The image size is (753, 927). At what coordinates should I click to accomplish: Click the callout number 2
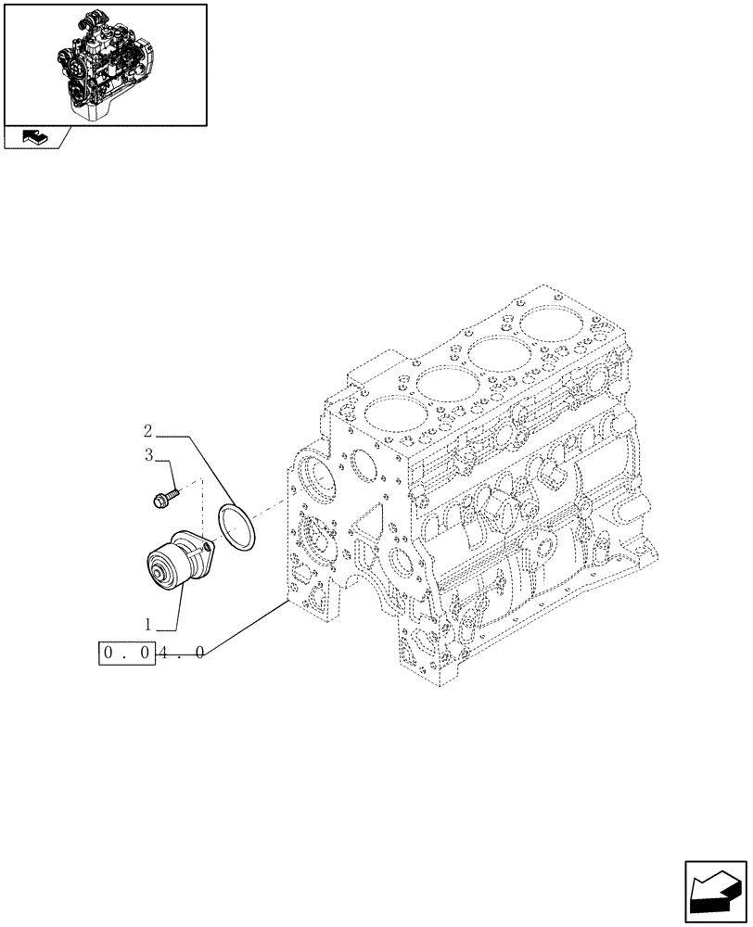click(x=148, y=431)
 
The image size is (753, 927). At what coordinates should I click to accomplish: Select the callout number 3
click(x=148, y=455)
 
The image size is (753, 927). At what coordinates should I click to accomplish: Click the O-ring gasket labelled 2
click(x=237, y=524)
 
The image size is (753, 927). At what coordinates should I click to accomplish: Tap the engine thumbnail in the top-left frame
click(x=105, y=63)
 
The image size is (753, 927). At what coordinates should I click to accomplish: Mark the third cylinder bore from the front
click(x=500, y=353)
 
